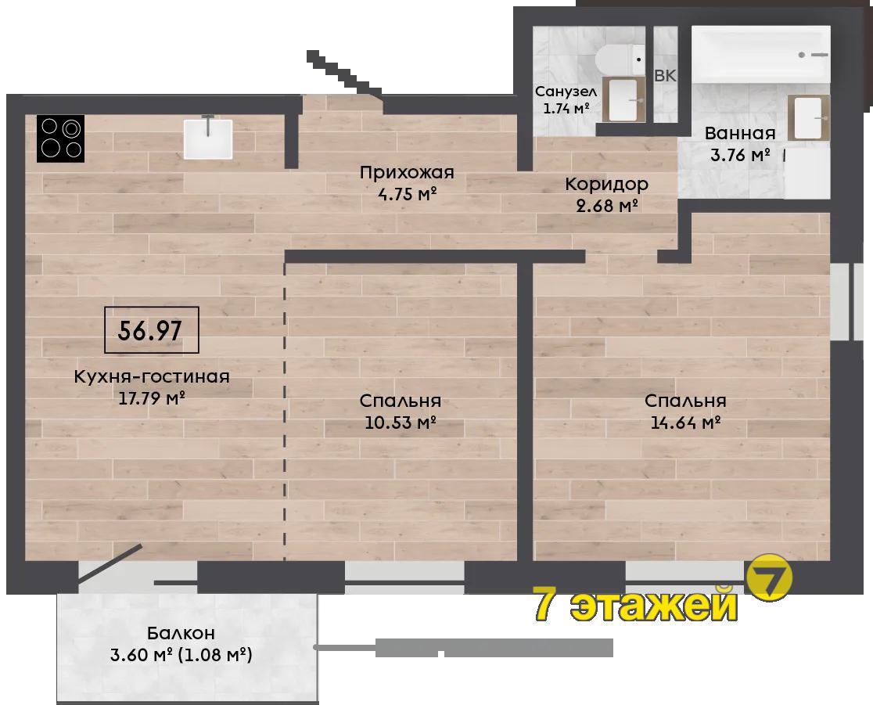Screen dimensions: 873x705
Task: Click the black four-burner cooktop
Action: coord(61,138)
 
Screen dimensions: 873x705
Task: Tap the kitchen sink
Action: coord(207,138)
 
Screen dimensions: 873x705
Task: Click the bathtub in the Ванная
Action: coord(761,55)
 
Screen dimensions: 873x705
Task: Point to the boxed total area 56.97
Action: coord(152,330)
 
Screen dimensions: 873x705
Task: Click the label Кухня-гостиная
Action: coord(152,376)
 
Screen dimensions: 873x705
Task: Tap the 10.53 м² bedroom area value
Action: coord(400,423)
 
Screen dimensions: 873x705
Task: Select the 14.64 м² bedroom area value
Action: coord(686,423)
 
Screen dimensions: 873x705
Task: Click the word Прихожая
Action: coord(407,173)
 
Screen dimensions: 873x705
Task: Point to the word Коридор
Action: coord(606,184)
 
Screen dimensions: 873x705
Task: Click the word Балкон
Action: coord(181,633)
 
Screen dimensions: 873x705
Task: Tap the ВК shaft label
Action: coord(665,75)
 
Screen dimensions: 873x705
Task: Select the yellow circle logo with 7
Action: coord(769,577)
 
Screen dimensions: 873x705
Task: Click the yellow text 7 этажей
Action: coord(636,604)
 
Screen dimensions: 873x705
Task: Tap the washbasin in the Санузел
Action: coord(623,99)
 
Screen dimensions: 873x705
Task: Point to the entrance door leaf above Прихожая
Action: coord(343,74)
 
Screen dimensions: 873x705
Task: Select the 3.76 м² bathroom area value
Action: coord(740,155)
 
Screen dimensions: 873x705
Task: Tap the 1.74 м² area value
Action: coord(566,108)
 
